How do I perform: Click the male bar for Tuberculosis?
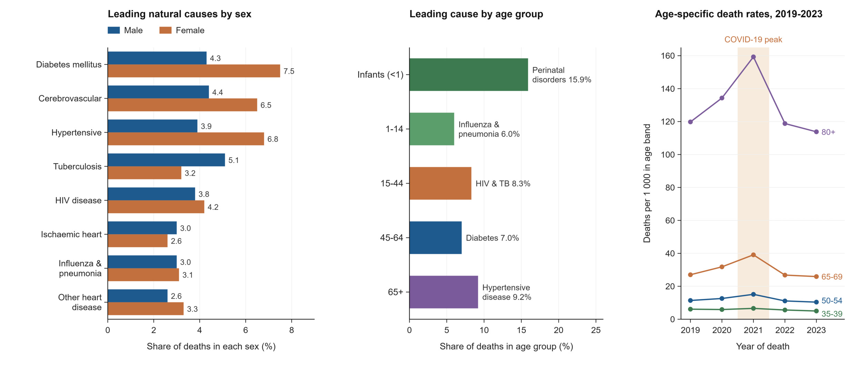click(x=166, y=160)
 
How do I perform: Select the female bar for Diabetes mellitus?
click(x=194, y=71)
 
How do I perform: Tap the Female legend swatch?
click(x=166, y=30)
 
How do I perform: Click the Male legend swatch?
click(x=114, y=30)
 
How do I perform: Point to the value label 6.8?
click(x=273, y=139)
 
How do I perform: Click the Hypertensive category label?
click(x=77, y=133)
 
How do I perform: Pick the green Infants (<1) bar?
click(x=469, y=75)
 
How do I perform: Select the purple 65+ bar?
click(x=444, y=292)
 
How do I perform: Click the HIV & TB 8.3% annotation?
click(x=503, y=184)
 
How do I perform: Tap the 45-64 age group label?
click(x=391, y=238)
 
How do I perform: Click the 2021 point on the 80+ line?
click(x=753, y=57)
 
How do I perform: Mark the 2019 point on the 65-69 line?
click(x=690, y=275)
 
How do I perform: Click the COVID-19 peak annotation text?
click(x=753, y=40)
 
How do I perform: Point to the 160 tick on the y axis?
click(x=668, y=56)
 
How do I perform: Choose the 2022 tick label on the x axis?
click(x=785, y=330)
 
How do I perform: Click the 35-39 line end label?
click(x=832, y=314)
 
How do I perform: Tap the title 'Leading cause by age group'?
click(x=476, y=14)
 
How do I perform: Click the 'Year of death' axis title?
click(x=763, y=346)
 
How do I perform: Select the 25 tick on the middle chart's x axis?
click(x=596, y=330)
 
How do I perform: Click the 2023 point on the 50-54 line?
click(x=816, y=302)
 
